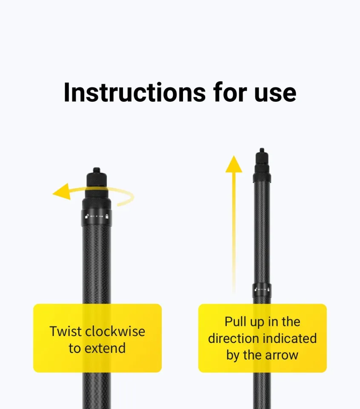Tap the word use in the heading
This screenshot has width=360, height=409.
tap(275, 92)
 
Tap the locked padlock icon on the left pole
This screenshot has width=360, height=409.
tap(107, 217)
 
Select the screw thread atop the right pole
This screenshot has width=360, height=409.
tap(262, 150)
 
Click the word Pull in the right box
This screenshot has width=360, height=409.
tap(235, 321)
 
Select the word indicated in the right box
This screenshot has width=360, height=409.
tap(289, 338)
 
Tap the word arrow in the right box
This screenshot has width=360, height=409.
tap(283, 355)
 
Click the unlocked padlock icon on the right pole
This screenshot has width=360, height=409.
tap(255, 290)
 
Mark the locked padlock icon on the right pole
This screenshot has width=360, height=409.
tap(268, 290)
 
